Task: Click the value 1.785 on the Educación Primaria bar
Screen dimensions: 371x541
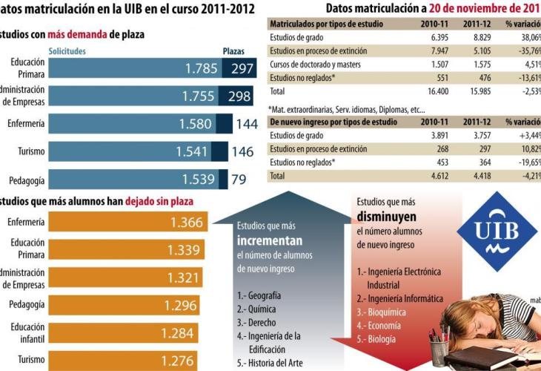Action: coord(201,69)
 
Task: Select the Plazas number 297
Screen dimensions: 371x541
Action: coord(242,69)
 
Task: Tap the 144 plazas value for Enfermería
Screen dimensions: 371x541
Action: coord(246,124)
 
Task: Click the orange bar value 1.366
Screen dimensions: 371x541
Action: coord(185,223)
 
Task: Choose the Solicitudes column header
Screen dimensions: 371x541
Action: coord(67,51)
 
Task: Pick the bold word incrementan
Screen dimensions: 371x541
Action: coord(270,241)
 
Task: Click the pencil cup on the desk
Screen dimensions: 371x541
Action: coord(439,349)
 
